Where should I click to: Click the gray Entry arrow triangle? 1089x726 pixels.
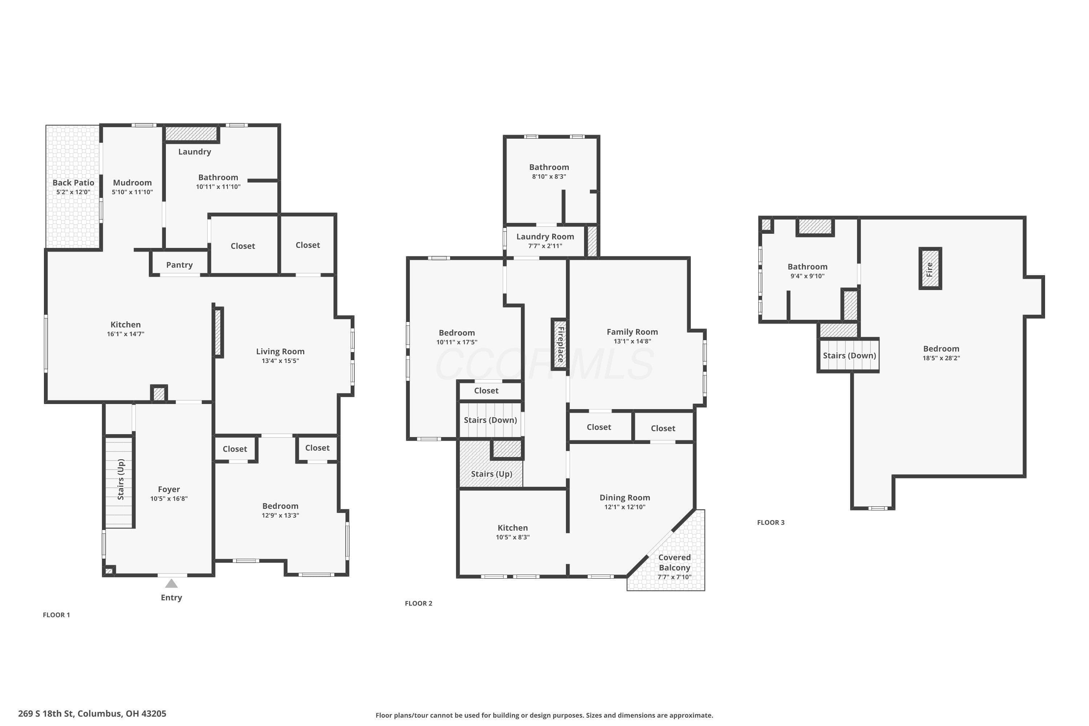171,583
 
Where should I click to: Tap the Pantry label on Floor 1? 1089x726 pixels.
179,265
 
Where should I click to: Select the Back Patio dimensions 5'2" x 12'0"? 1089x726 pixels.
73,192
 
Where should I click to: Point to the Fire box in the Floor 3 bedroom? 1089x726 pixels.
930,269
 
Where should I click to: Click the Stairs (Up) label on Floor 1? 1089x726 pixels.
121,479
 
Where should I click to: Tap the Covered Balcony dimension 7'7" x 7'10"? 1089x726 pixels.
674,577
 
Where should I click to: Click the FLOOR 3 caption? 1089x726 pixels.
771,522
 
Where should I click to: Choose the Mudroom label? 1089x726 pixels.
132,183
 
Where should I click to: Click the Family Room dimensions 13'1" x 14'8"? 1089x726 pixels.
632,341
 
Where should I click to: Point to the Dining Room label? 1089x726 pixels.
625,497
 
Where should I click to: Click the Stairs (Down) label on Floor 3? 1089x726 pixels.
849,356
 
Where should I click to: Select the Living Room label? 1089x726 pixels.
280,351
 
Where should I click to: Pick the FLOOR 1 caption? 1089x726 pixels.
57,615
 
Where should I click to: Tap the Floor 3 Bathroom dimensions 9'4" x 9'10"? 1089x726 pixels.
807,276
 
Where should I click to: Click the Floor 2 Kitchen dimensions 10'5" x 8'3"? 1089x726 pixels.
513,537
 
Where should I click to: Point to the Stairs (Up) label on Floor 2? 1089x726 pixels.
491,474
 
